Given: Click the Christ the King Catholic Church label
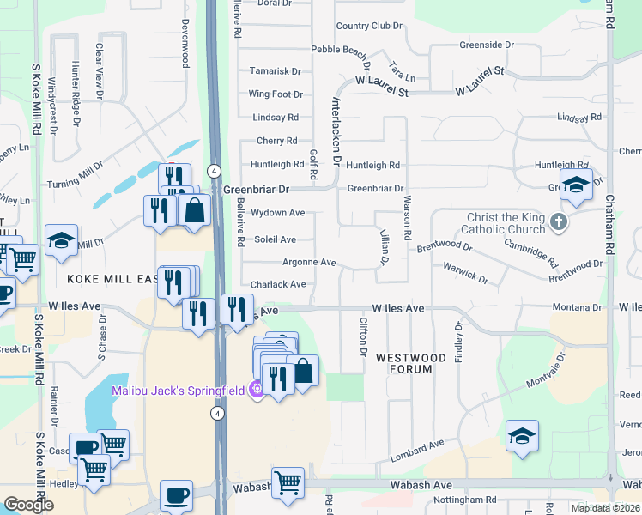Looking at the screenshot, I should (x=506, y=223).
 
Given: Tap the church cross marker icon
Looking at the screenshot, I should (x=559, y=223).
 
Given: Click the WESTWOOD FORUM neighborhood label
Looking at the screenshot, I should (x=411, y=363).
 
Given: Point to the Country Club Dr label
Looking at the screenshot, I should (x=369, y=27).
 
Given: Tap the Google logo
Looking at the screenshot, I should (x=28, y=505).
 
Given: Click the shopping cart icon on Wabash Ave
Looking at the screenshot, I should (x=288, y=482).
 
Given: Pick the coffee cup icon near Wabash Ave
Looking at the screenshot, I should (x=177, y=495).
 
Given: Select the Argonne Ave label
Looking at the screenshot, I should (x=309, y=262).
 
